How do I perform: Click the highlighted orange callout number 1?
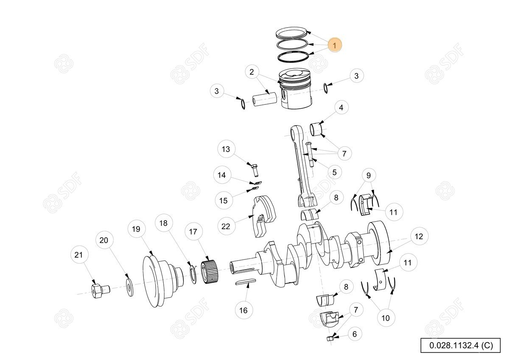click(x=335, y=45)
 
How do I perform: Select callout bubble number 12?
click(x=419, y=236)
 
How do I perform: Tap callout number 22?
click(x=226, y=226)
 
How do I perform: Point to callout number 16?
click(x=243, y=310)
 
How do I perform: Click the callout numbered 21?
click(x=78, y=255)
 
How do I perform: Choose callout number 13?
click(x=226, y=149)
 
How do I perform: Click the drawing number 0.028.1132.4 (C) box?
click(x=461, y=345)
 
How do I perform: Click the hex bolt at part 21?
click(x=101, y=291)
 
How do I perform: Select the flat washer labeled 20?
click(x=130, y=287)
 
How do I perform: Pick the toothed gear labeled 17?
click(x=209, y=272)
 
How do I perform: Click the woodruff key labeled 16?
click(x=246, y=282)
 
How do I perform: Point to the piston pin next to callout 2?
click(x=265, y=100)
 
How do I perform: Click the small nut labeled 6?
click(x=330, y=339)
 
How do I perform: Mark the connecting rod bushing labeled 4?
click(x=316, y=129)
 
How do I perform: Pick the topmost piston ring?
click(x=291, y=33)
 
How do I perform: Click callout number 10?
click(x=386, y=318)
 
